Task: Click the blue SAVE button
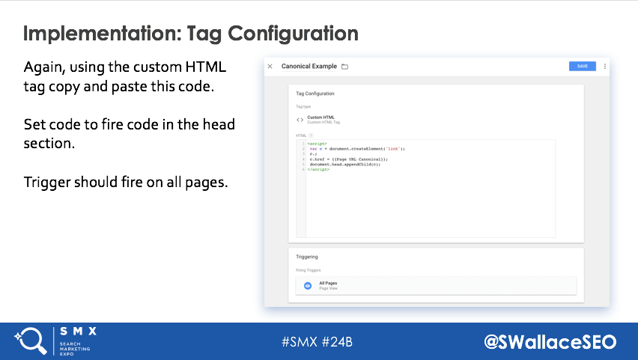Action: pos(582,66)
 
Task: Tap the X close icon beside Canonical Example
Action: pos(270,67)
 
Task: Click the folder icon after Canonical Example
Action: pos(345,67)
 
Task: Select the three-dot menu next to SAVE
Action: pos(604,66)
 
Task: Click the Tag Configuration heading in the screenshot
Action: pos(315,94)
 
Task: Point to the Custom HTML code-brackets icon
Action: pos(300,119)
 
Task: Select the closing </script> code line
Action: pos(318,169)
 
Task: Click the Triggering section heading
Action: pos(307,257)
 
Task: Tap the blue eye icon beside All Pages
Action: pos(307,285)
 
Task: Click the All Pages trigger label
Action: pos(328,283)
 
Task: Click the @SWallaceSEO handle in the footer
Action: pos(550,342)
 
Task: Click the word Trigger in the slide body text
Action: pos(46,182)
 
